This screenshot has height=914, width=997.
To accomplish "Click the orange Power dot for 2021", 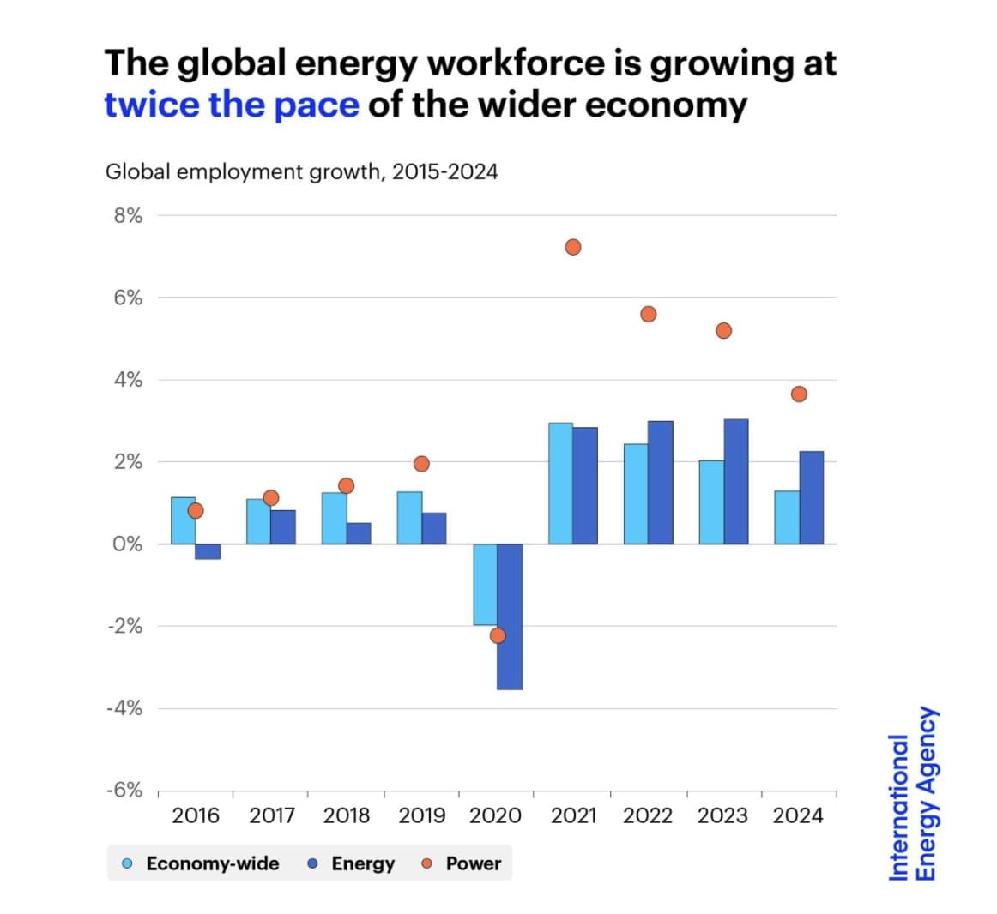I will [x=573, y=247].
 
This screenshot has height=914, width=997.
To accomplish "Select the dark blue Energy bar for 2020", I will [x=510, y=616].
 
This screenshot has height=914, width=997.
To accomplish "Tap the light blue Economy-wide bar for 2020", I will [x=485, y=584].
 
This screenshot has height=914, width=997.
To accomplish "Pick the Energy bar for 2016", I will [x=208, y=551].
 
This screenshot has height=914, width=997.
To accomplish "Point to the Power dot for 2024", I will [x=799, y=394].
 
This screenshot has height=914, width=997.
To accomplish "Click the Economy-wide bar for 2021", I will [x=560, y=484].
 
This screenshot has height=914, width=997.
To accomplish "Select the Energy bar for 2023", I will [x=736, y=481].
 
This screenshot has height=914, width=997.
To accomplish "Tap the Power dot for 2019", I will [x=421, y=464].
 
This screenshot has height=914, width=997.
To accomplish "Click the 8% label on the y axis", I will [x=128, y=215].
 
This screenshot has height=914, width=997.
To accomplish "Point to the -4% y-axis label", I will [x=125, y=708].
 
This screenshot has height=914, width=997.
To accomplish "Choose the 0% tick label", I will [x=128, y=544].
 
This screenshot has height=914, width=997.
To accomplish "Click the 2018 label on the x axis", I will [x=347, y=815].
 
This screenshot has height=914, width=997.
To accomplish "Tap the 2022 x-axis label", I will [x=648, y=815].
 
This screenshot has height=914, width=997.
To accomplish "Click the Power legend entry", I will [x=462, y=863].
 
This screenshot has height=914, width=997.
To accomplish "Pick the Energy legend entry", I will [x=352, y=863].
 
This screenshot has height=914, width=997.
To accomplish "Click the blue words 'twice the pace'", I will [x=232, y=105].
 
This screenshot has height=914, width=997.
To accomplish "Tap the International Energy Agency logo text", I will [x=913, y=793].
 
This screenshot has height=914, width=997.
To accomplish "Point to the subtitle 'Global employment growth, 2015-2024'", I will [x=301, y=171].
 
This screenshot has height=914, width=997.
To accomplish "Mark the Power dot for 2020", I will [x=498, y=635].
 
